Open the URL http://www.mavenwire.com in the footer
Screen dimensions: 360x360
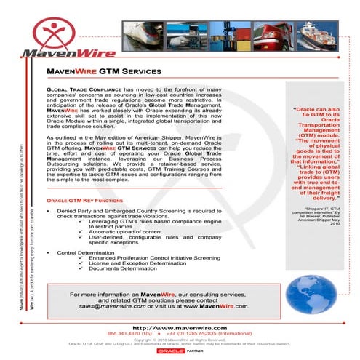[x=180, y=328]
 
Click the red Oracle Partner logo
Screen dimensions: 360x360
[x=180, y=351]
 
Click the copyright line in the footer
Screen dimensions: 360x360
[x=180, y=339]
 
